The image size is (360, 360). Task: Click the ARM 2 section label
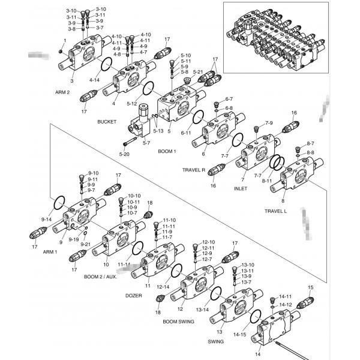(62, 92)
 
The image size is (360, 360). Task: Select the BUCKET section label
(107, 122)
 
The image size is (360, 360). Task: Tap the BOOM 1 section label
(167, 151)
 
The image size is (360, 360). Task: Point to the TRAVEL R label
(194, 170)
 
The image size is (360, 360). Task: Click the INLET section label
(240, 188)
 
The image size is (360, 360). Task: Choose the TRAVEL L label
(275, 211)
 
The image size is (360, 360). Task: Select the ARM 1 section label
(49, 251)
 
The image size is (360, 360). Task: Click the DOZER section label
(133, 295)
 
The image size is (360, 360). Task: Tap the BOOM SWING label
(178, 322)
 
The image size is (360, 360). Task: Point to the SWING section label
(215, 341)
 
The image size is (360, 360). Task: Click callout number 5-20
(124, 154)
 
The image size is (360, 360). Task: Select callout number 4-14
(94, 80)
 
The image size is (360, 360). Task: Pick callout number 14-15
(240, 334)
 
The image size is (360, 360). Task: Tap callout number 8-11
(266, 180)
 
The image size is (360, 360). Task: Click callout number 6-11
(187, 133)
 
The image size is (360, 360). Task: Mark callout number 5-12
(132, 103)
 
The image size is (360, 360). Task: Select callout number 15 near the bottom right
(310, 288)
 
